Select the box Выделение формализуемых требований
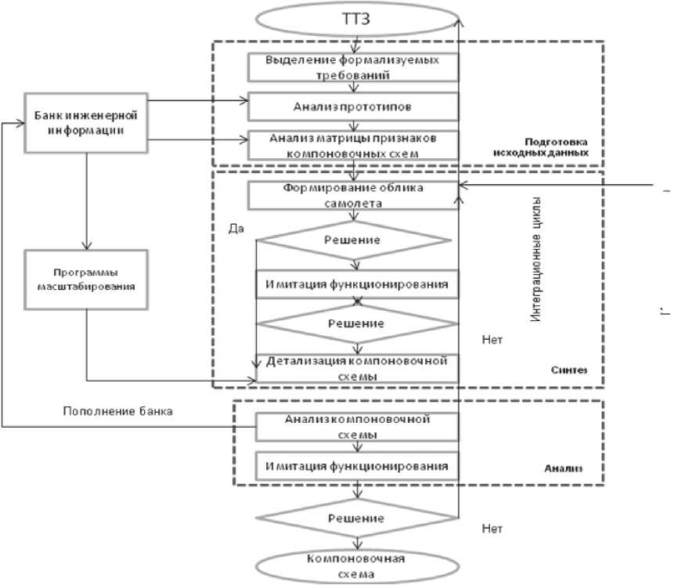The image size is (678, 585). point(353,68)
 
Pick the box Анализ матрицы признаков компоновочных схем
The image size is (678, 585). point(353,145)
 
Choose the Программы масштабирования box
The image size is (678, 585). point(86,279)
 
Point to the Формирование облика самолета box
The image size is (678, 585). point(353,195)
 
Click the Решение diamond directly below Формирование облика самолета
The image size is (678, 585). point(356,239)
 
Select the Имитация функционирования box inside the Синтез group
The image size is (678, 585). point(356,284)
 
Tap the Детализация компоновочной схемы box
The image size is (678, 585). point(356,368)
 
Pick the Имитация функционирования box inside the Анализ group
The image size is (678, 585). point(356,466)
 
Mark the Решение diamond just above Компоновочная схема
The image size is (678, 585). point(356,518)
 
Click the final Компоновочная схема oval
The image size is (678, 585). point(356,566)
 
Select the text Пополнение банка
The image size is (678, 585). point(117,410)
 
